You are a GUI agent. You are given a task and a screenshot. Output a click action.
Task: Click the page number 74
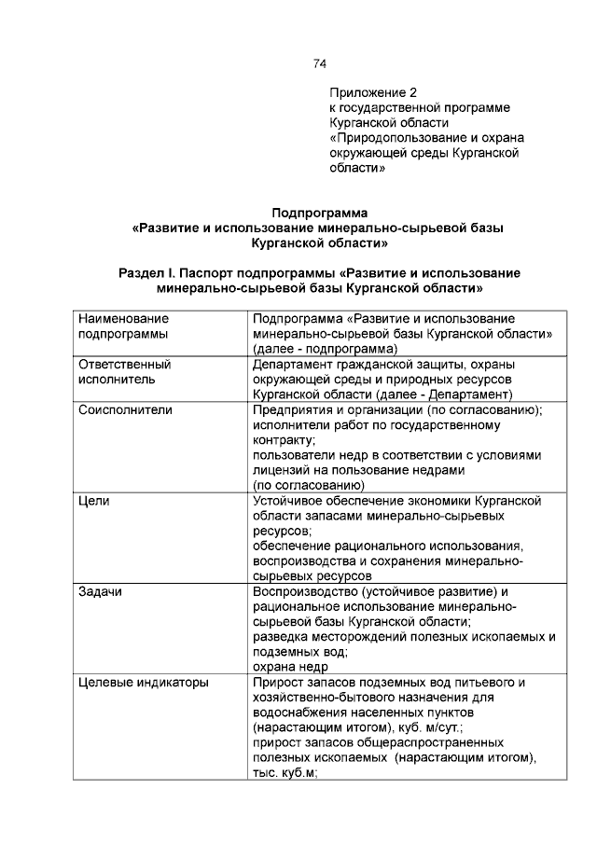tap(319, 64)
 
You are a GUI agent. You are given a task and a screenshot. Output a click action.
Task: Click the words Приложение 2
tap(372, 93)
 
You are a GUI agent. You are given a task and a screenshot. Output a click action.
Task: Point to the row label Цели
tap(93, 501)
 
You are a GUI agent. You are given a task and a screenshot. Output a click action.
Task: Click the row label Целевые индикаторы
tap(142, 683)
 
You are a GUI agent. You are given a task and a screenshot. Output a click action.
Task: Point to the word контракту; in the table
tap(285, 440)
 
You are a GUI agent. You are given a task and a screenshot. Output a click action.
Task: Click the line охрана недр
tap(290, 668)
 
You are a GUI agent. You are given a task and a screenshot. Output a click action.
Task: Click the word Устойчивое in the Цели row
tap(289, 501)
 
